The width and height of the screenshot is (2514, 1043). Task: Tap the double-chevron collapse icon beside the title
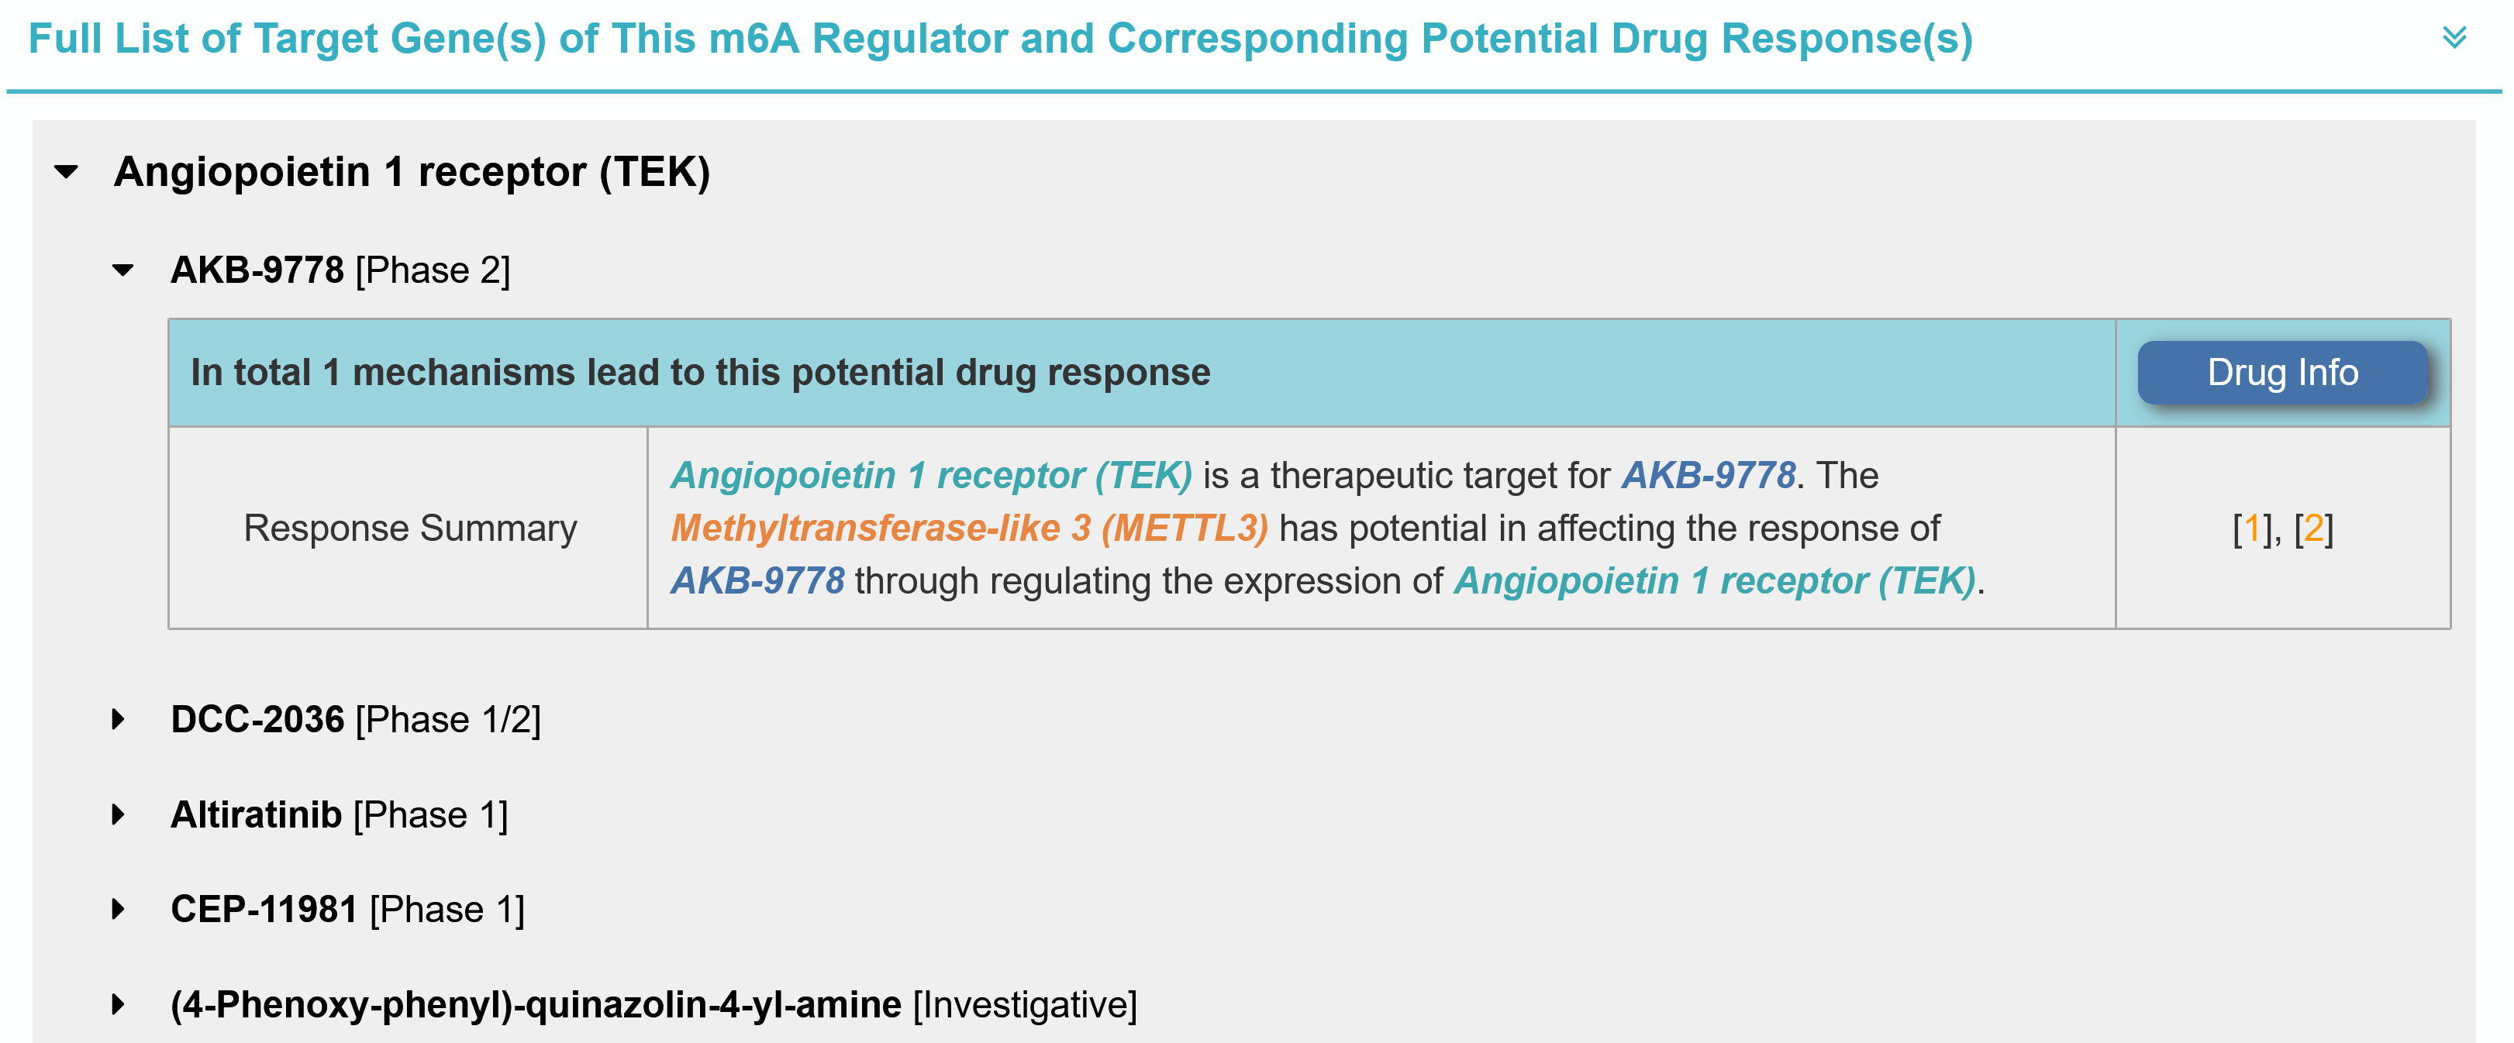pyautogui.click(x=2454, y=38)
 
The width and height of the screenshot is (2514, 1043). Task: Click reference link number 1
pyautogui.click(x=2251, y=528)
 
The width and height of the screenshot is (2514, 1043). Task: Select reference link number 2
pyautogui.click(x=2313, y=528)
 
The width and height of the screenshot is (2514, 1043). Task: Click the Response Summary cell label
pyautogui.click(x=410, y=528)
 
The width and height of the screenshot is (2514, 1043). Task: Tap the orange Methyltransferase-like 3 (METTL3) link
pyautogui.click(x=969, y=528)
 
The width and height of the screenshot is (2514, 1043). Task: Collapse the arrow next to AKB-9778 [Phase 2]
pyautogui.click(x=123, y=270)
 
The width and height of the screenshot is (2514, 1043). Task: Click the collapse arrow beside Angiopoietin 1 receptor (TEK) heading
pyautogui.click(x=67, y=173)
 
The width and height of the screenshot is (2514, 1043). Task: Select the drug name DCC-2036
pyautogui.click(x=257, y=720)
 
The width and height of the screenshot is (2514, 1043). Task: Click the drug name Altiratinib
pyautogui.click(x=257, y=814)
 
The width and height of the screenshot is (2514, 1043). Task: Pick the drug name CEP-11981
pyautogui.click(x=264, y=910)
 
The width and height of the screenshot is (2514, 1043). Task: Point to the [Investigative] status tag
pyautogui.click(x=1026, y=1005)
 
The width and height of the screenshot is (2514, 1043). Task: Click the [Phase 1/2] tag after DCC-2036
pyautogui.click(x=449, y=720)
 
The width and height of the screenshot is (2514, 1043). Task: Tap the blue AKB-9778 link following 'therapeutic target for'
pyautogui.click(x=1709, y=475)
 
